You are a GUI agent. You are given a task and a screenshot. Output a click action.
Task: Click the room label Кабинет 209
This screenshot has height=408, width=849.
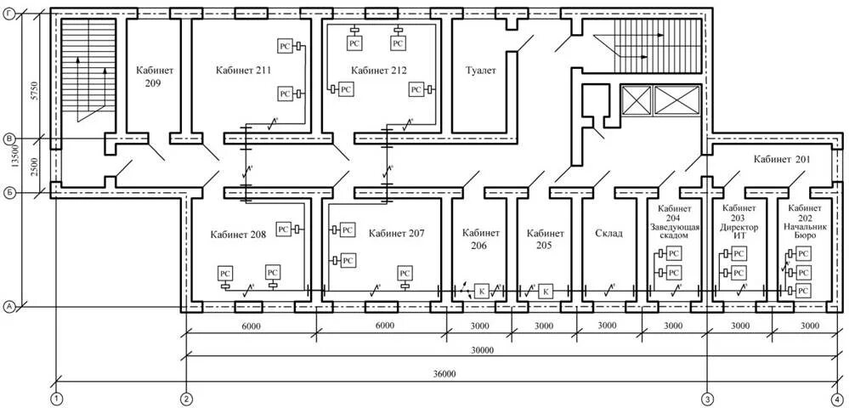point(153,76)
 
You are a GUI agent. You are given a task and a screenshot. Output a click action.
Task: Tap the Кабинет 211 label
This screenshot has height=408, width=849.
point(243,71)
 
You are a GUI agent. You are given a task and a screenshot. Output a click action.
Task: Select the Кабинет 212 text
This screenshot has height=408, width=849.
point(378,71)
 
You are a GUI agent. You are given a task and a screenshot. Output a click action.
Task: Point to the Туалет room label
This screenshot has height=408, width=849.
point(480,71)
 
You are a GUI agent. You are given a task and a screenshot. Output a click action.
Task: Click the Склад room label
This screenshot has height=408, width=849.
point(608,233)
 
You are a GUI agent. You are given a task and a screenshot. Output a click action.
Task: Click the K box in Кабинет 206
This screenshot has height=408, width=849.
point(482,291)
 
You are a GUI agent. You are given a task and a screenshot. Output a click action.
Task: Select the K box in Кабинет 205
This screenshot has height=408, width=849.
point(546,291)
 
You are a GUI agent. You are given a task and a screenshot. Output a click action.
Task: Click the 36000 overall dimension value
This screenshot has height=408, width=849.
point(444,373)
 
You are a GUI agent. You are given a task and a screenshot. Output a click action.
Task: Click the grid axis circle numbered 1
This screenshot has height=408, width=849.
point(57,398)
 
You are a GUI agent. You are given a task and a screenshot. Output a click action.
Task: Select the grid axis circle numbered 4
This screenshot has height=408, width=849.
point(837,398)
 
